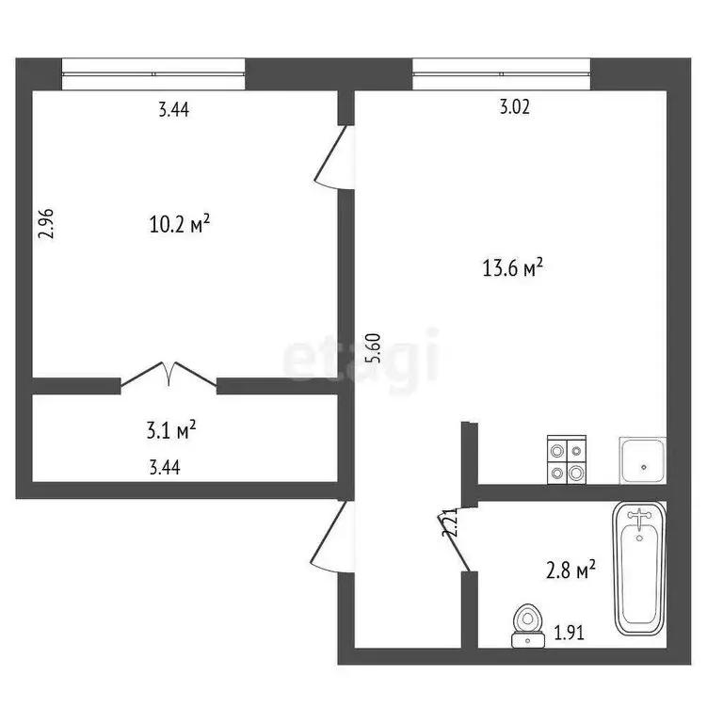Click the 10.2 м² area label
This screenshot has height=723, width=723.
(x=179, y=225)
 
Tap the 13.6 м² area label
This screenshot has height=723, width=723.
(x=514, y=269)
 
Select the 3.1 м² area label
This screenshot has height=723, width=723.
(x=171, y=431)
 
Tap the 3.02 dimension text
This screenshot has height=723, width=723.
(x=514, y=107)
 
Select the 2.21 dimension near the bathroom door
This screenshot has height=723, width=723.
(x=450, y=523)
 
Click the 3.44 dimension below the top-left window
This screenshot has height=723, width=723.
(x=174, y=109)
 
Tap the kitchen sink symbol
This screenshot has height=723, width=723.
(x=642, y=461)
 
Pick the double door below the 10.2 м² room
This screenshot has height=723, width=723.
(x=169, y=376)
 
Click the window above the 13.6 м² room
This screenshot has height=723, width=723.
(x=502, y=73)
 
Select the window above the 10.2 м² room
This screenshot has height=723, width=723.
(x=153, y=73)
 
